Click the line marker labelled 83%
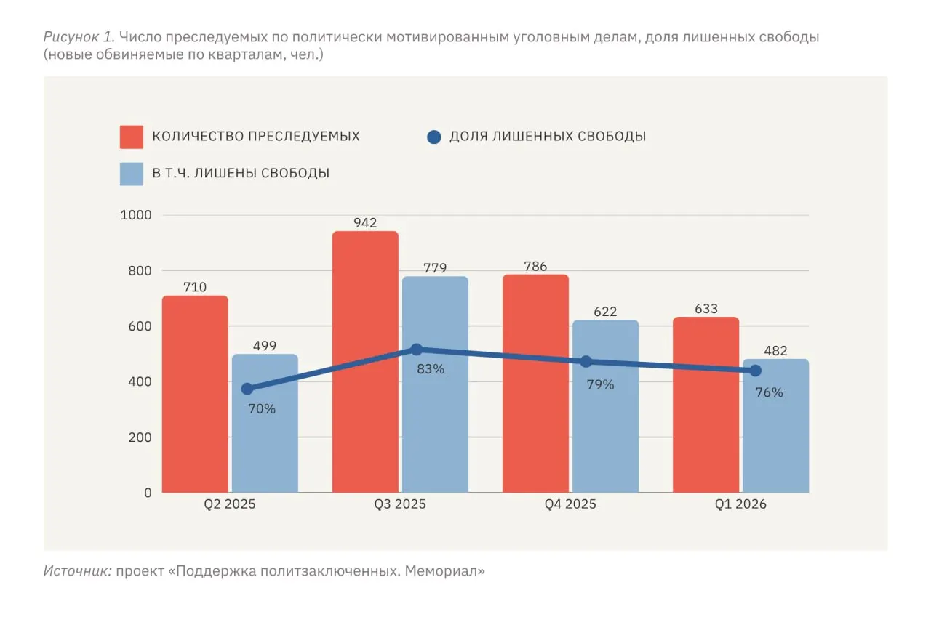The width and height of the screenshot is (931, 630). (416, 350)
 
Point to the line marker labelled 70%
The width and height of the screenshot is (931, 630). (247, 389)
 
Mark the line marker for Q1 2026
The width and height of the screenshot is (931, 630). (755, 371)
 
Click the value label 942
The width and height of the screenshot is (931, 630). (365, 222)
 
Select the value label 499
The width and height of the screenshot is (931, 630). (265, 346)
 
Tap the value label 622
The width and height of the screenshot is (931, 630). (605, 312)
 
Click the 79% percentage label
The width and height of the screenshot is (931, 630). (600, 385)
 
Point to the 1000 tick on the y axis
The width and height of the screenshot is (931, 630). (137, 215)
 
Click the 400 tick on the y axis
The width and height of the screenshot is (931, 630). (142, 381)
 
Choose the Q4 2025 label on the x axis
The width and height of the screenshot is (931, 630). (570, 504)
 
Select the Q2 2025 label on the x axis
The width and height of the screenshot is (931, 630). (230, 504)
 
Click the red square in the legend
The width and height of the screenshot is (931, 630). (132, 137)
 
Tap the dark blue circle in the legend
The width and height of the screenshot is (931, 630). (434, 137)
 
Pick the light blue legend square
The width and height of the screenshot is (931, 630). (132, 174)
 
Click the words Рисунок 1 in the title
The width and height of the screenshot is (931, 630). (79, 37)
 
